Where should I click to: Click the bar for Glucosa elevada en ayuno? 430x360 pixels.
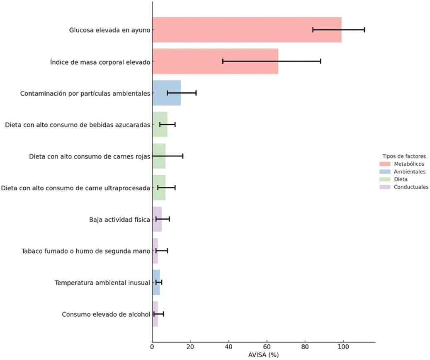click(246, 30)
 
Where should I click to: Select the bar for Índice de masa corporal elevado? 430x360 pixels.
click(215, 61)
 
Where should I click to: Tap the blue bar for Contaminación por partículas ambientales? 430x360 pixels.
click(166, 93)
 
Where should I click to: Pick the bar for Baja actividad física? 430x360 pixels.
click(157, 219)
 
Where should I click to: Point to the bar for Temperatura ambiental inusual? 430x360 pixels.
click(156, 283)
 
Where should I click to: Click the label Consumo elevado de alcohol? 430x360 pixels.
click(106, 314)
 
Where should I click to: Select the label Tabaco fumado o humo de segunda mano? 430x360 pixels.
click(85, 251)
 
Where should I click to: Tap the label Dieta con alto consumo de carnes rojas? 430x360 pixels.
click(90, 156)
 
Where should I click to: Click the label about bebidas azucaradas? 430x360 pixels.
click(78, 125)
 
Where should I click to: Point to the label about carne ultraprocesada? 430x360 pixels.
click(75, 188)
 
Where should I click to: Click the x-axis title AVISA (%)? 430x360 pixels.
click(263, 355)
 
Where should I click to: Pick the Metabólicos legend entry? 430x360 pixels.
click(409, 164)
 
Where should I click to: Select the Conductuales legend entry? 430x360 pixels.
click(411, 187)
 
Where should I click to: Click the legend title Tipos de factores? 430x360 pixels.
click(404, 156)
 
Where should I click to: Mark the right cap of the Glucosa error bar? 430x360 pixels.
click(364, 30)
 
